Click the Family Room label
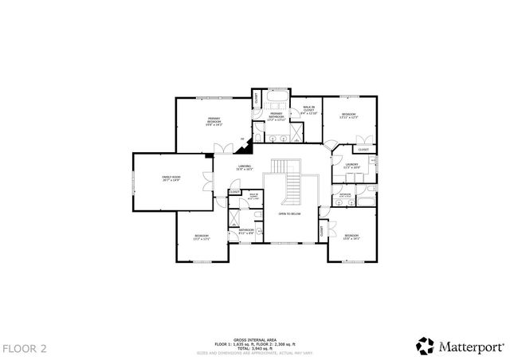[171, 179]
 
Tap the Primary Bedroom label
[214, 122]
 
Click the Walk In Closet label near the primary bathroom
[308, 111]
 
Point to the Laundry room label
[351, 166]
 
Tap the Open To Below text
[288, 214]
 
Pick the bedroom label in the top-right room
[349, 116]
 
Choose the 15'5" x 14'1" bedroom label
[351, 237]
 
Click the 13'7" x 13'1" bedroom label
[202, 237]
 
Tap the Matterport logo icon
[425, 346]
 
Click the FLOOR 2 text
[25, 348]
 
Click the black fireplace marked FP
[247, 145]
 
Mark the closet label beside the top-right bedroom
[363, 150]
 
